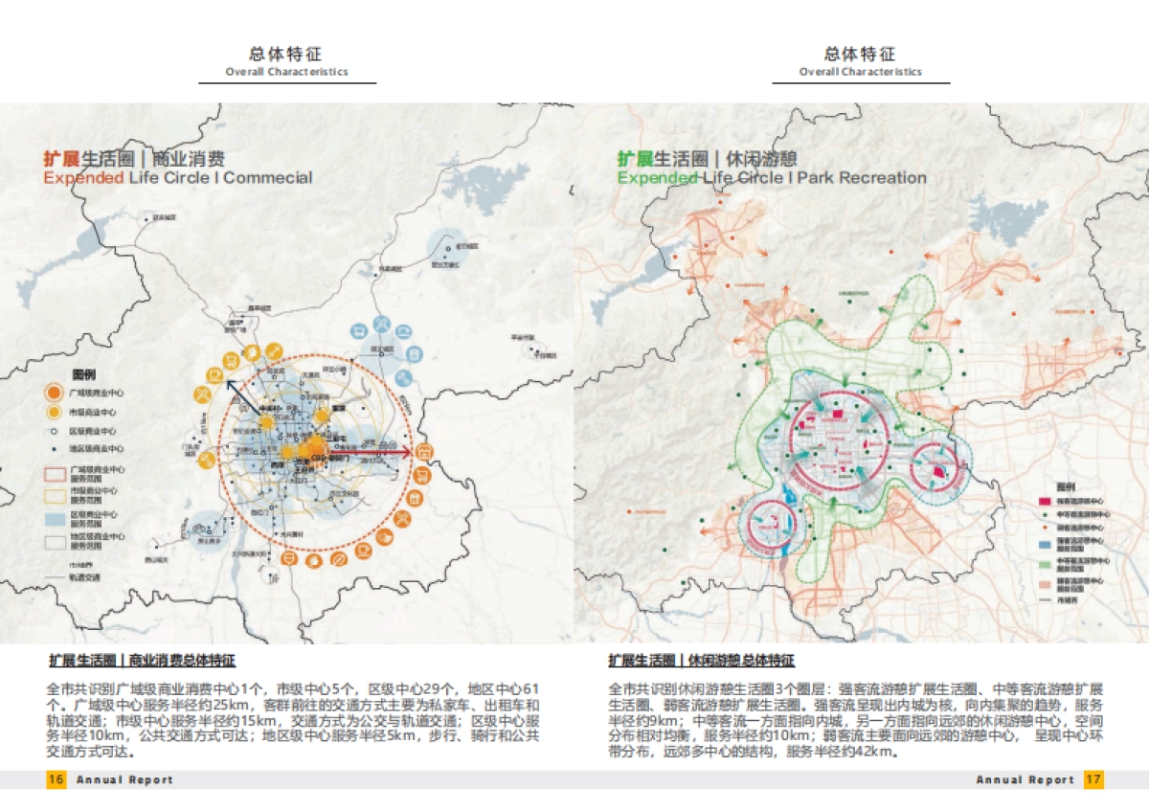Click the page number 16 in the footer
(x=56, y=779)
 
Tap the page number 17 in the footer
(x=1093, y=779)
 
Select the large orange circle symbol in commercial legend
(x=54, y=394)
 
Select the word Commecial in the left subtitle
(x=268, y=177)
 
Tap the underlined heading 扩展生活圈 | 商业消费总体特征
(x=142, y=661)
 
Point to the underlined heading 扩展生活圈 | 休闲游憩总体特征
(x=701, y=661)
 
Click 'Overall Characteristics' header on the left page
(x=286, y=72)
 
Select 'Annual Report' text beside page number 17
(x=1025, y=779)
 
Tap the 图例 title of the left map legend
(x=84, y=373)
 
